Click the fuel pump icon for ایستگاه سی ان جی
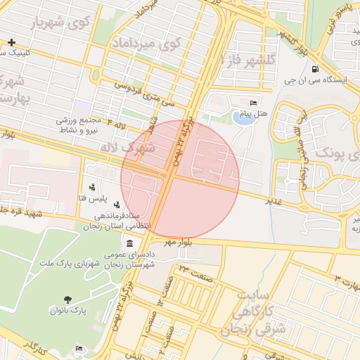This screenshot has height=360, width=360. pos(313,70)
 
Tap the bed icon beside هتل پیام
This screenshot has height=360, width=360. pos(254,103)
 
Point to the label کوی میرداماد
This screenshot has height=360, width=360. pos(146,44)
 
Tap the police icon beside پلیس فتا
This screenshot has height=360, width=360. pos(92,188)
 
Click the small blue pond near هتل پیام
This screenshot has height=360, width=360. pos(244,117)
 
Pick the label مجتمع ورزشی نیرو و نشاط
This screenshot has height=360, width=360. pos(81,126)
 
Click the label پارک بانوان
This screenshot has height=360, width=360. pos(67,309)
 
